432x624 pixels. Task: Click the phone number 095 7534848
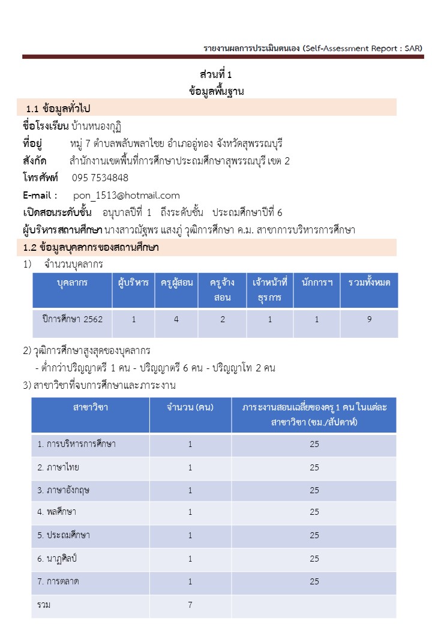100,178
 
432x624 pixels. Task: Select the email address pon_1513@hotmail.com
127,195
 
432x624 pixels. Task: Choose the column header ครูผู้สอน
176,283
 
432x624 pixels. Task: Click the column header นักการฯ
317,283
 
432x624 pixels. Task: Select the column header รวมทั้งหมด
369,283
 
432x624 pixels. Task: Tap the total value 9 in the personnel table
369,319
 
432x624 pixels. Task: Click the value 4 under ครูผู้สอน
176,319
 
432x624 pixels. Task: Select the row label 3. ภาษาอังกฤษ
64,490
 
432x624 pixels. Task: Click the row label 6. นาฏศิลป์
58,559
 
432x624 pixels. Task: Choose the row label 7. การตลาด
58,581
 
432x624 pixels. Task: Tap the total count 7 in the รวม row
190,605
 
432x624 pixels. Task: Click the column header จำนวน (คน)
190,407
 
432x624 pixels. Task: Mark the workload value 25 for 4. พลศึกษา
314,513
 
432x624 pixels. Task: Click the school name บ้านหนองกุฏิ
96,126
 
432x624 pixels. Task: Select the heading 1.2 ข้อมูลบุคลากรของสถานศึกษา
90,247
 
